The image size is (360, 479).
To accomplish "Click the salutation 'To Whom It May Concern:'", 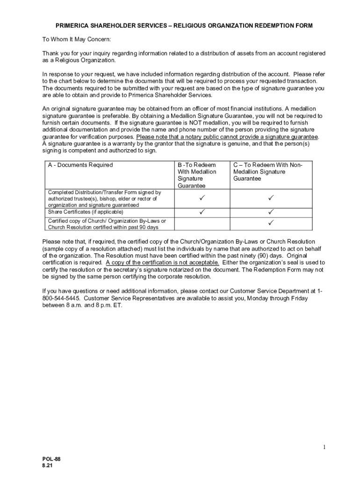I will pyautogui.click(x=77, y=39).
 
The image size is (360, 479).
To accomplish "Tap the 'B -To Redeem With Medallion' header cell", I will pyautogui.click(x=197, y=175).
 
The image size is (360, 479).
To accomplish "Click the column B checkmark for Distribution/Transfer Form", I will pyautogui.click(x=202, y=199).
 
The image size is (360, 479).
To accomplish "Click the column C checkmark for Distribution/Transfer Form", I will pyautogui.click(x=271, y=199).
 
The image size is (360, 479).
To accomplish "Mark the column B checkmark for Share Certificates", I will pyautogui.click(x=202, y=212).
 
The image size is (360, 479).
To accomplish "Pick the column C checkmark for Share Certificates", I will pyautogui.click(x=271, y=212).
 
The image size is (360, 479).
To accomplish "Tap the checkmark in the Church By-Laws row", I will pyautogui.click(x=271, y=223).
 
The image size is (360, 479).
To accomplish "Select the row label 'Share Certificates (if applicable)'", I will pyautogui.click(x=86, y=212).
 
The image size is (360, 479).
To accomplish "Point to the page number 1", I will pyautogui.click(x=324, y=448).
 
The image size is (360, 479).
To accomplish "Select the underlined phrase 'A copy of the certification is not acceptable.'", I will pyautogui.click(x=162, y=262).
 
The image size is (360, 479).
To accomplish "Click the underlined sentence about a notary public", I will pyautogui.click(x=227, y=137).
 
